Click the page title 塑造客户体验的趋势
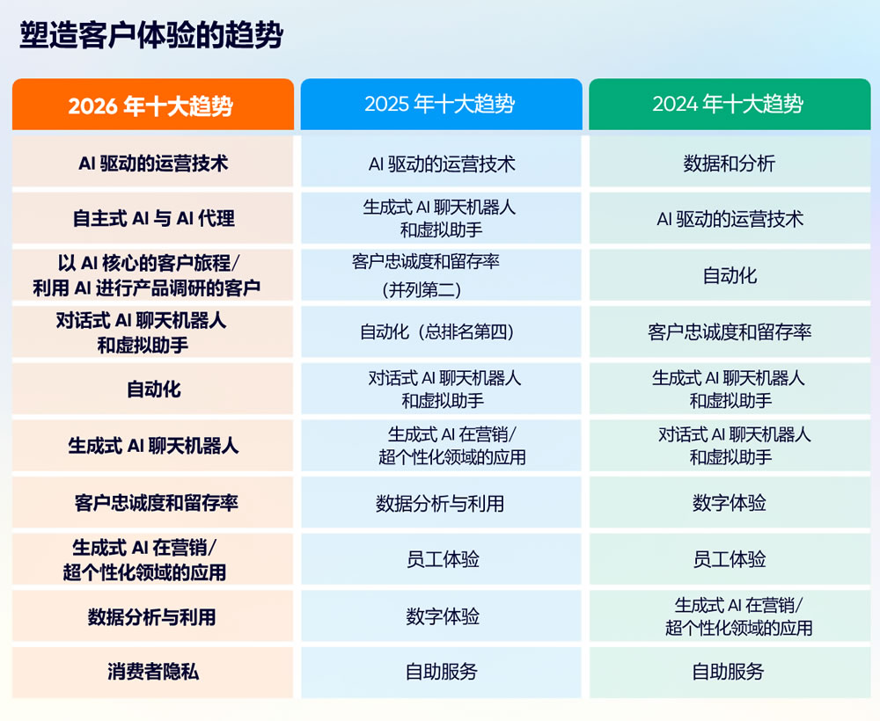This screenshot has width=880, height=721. click(150, 36)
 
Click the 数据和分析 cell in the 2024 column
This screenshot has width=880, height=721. click(729, 163)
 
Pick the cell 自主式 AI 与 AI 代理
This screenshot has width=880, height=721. click(153, 218)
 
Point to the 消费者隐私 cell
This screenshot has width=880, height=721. click(153, 672)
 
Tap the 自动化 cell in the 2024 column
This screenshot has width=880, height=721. click(729, 275)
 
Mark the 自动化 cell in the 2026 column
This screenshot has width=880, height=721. click(153, 389)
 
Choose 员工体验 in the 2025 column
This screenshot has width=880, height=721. click(443, 559)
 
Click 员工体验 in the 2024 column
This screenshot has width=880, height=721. click(729, 559)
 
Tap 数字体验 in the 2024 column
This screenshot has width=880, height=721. click(729, 503)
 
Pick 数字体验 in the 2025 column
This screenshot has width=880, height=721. click(443, 616)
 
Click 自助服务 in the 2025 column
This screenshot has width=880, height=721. click(441, 672)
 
